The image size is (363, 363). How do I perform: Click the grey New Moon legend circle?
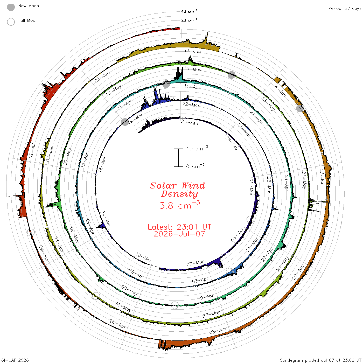[11, 7]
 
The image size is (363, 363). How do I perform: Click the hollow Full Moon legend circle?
[11, 22]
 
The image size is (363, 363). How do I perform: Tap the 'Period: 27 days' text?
[345, 9]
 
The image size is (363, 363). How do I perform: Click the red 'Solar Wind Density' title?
[178, 190]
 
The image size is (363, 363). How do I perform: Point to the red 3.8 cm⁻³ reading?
[179, 205]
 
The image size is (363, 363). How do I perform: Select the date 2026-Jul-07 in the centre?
[179, 234]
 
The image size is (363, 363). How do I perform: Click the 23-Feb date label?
[190, 122]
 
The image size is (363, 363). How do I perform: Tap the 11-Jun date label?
[193, 51]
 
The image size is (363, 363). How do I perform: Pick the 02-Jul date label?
[32, 151]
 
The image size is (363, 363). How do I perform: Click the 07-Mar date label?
[195, 263]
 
